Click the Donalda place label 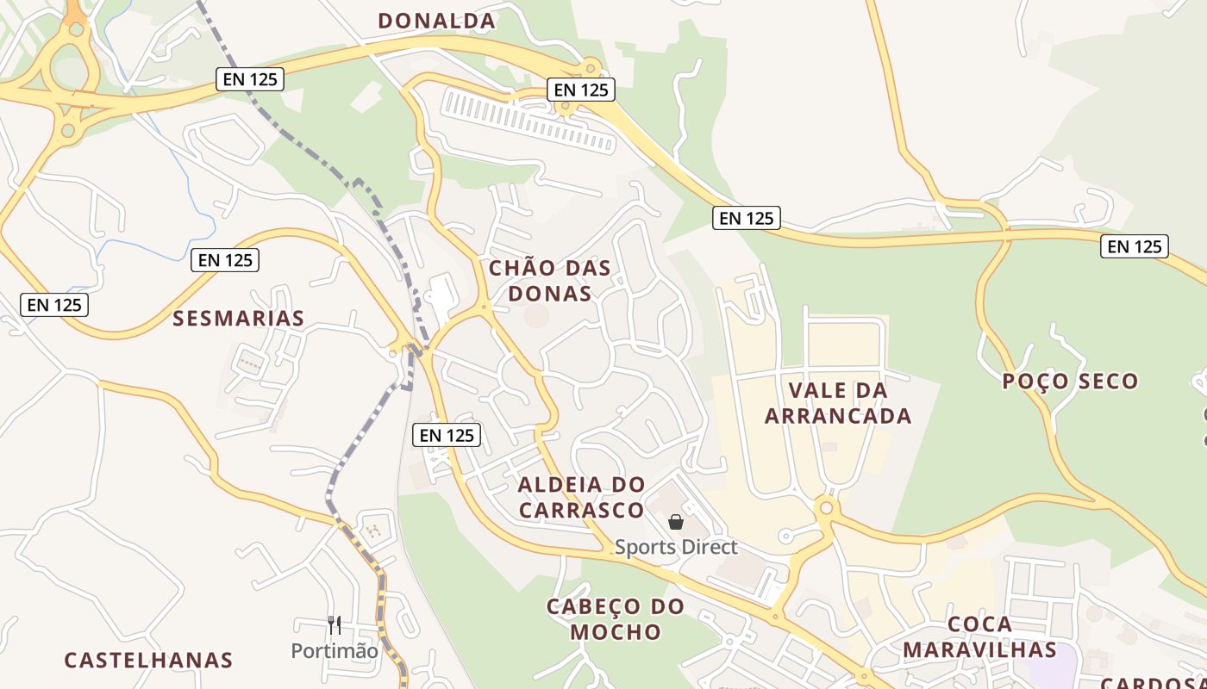tap(436, 21)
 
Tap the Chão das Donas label tap(550, 281)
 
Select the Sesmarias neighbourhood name tap(239, 319)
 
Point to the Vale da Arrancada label tap(838, 403)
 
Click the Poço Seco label tap(1070, 381)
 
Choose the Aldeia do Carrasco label tap(581, 497)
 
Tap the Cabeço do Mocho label tap(616, 619)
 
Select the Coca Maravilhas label tap(979, 636)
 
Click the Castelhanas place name tap(148, 661)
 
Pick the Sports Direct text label tap(676, 547)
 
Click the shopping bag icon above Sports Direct tap(676, 522)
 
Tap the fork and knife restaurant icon tap(335, 624)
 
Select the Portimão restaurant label tap(335, 651)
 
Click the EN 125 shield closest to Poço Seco tap(1134, 246)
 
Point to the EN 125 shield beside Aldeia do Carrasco tap(447, 435)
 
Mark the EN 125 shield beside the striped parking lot tap(580, 89)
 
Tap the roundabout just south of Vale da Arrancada tap(826, 508)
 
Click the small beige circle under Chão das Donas tap(536, 316)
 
